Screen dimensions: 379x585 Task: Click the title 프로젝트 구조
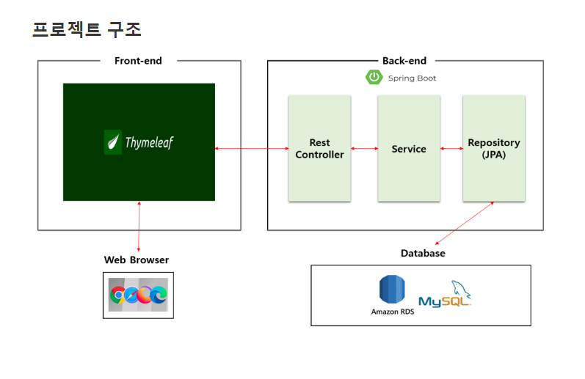pos(87,29)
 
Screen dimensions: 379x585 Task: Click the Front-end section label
pos(138,61)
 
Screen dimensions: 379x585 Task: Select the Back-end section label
pos(404,61)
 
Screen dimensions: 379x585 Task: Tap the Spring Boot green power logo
pos(374,77)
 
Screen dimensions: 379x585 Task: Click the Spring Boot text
pos(412,78)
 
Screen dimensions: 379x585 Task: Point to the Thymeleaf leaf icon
pos(113,141)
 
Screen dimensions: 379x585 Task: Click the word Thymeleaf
pos(148,141)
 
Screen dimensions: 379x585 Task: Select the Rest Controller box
pos(319,148)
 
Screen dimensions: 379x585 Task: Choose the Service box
pos(409,148)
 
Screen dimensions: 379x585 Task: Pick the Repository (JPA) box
pos(494,148)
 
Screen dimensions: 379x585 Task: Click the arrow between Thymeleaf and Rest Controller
pos(252,149)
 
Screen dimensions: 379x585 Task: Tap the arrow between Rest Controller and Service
pos(364,149)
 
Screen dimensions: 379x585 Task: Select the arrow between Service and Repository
pos(451,149)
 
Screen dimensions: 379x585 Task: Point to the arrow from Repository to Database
pos(465,223)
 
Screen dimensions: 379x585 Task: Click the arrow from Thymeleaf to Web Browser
pos(139,227)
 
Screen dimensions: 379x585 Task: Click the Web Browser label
pos(137,260)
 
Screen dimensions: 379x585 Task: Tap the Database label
pos(423,254)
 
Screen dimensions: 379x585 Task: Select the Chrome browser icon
pos(117,295)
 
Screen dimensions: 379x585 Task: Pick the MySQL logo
pos(446,295)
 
